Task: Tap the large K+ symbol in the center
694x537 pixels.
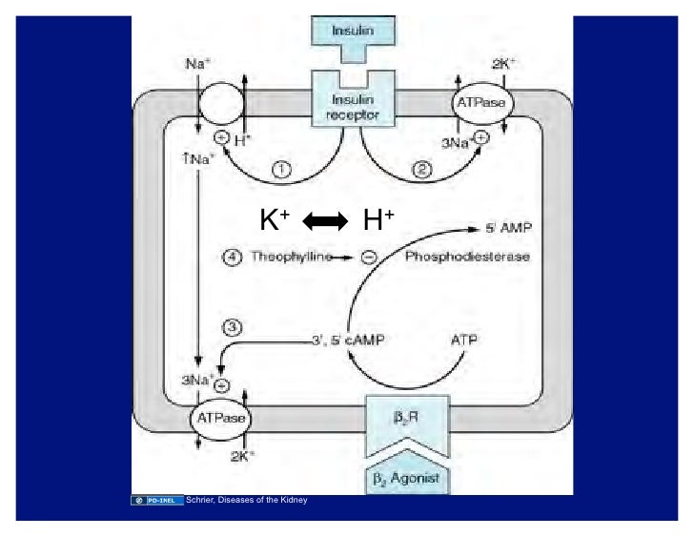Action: pyautogui.click(x=275, y=221)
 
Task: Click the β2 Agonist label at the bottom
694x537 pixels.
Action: pyautogui.click(x=405, y=478)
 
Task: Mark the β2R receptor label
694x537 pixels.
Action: pyautogui.click(x=405, y=417)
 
